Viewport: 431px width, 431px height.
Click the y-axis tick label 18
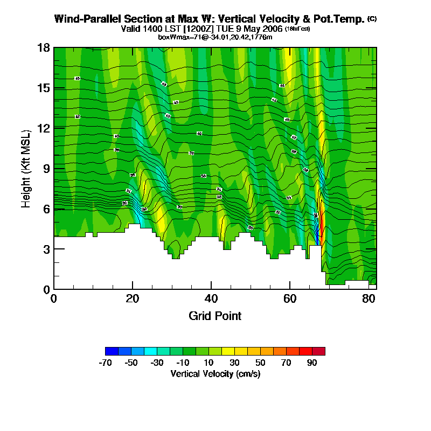pos(44,48)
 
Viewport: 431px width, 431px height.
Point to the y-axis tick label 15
pos(44,88)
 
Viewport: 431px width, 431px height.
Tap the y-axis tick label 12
pos(44,128)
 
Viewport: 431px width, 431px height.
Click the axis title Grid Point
pos(215,316)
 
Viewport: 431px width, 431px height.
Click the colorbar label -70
pos(105,363)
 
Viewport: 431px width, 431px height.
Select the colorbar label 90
pos(312,363)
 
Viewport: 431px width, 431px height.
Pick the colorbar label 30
pos(234,363)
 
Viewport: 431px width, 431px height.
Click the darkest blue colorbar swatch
pos(112,351)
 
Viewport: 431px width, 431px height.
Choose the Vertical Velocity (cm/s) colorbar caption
pos(215,373)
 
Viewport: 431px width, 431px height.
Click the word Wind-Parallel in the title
pos(86,19)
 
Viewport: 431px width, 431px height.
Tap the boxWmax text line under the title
pos(215,37)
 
